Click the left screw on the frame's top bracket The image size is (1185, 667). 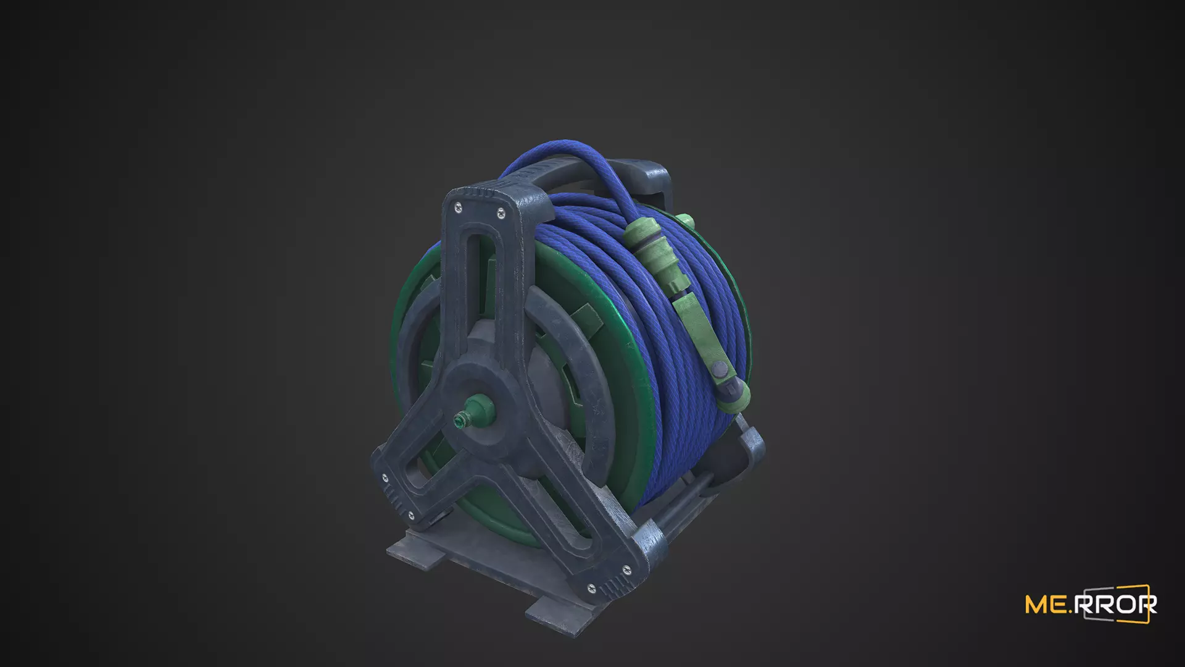(457, 208)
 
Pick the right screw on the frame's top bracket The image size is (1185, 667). (501, 214)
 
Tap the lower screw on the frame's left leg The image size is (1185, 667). (410, 515)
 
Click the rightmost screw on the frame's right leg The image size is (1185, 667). (628, 569)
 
